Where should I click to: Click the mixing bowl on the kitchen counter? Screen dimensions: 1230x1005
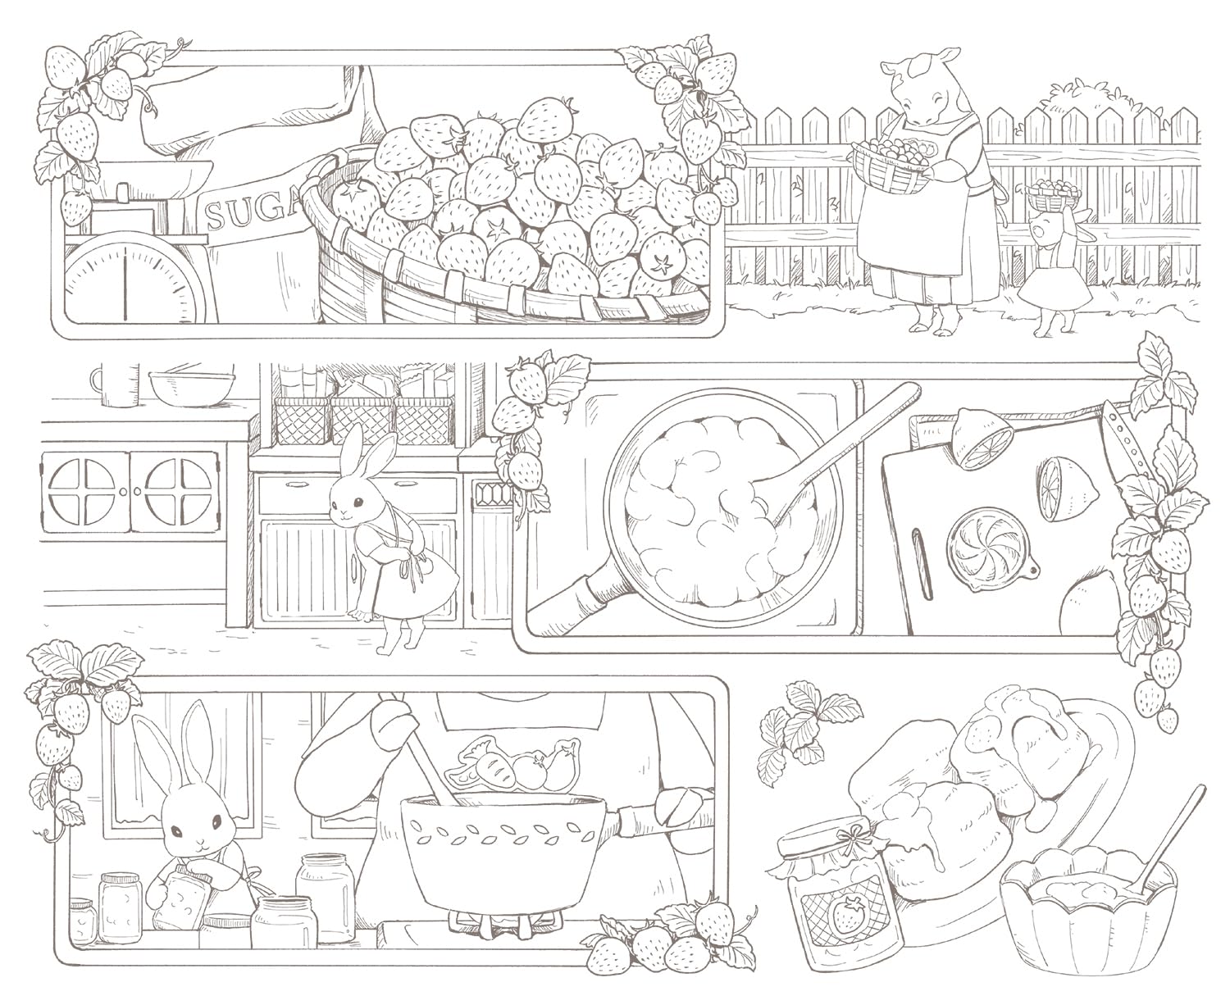coord(191,387)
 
